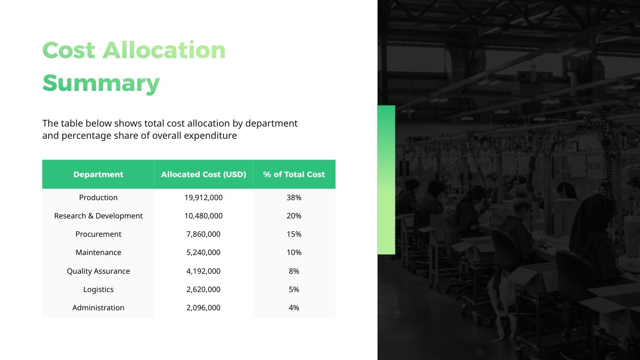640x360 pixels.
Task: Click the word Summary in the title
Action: [101, 83]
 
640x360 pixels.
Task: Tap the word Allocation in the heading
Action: [164, 50]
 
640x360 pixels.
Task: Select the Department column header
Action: [98, 174]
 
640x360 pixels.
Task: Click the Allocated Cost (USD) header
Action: [203, 174]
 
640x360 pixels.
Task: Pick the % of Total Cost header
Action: [294, 174]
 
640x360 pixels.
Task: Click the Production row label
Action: [98, 197]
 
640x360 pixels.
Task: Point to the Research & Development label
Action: [98, 216]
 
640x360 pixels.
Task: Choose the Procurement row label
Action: [98, 234]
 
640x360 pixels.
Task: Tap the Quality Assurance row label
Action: [98, 271]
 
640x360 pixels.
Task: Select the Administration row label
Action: [98, 307]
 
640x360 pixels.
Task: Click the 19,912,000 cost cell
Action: [203, 197]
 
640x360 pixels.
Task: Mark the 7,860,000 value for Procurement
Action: [203, 234]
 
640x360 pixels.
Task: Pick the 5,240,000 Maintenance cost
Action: [203, 252]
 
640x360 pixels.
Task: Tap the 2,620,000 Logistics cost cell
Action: [203, 289]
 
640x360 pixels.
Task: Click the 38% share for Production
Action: [294, 197]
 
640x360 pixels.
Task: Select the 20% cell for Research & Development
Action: [294, 216]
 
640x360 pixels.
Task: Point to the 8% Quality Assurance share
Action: [294, 271]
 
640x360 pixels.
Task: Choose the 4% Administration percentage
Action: [294, 307]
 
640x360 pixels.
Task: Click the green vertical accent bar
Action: [386, 180]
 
